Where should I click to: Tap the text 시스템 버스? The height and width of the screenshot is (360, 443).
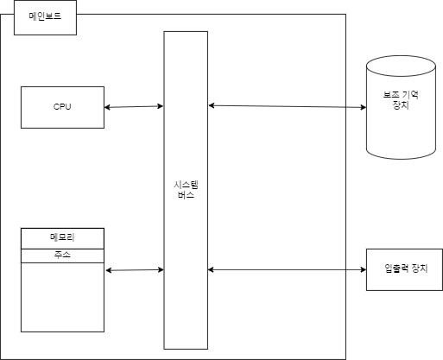pyautogui.click(x=185, y=190)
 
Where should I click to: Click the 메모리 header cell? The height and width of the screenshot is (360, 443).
pyautogui.click(x=62, y=237)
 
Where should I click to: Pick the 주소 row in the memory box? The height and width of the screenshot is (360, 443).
pyautogui.click(x=62, y=255)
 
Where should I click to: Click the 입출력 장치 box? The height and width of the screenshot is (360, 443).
pyautogui.click(x=402, y=270)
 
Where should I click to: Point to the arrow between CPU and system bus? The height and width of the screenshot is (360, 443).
pyautogui.click(x=134, y=107)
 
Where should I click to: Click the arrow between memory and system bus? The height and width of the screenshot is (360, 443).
pyautogui.click(x=135, y=271)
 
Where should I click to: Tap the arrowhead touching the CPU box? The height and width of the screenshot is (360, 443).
pyautogui.click(x=107, y=108)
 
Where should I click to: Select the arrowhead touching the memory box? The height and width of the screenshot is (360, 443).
pyautogui.click(x=108, y=272)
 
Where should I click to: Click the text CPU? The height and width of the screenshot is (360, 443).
pyautogui.click(x=62, y=107)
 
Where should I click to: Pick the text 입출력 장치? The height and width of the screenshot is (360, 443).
pyautogui.click(x=402, y=270)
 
